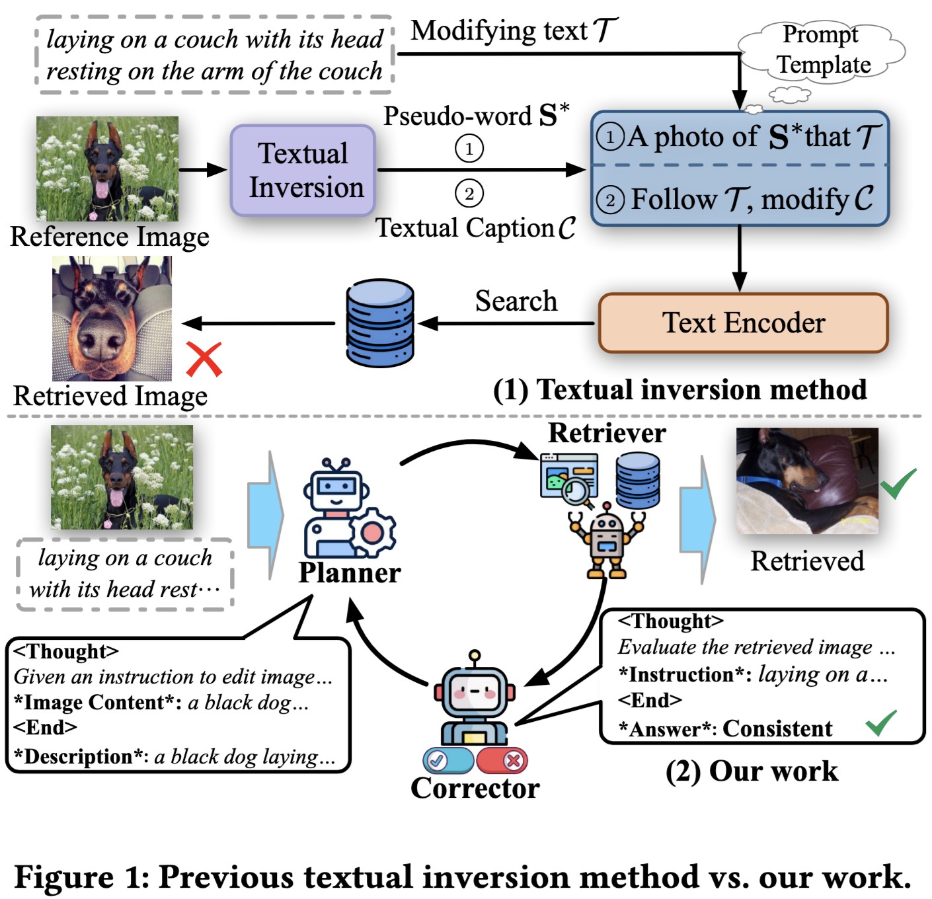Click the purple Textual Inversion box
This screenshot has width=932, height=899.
pyautogui.click(x=303, y=171)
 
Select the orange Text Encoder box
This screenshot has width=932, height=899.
pyautogui.click(x=743, y=323)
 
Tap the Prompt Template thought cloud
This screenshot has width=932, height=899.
pyautogui.click(x=822, y=50)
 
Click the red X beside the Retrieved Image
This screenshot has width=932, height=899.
pyautogui.click(x=204, y=359)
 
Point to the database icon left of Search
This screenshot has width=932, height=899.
pyautogui.click(x=380, y=323)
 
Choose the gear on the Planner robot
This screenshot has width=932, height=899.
pyautogui.click(x=372, y=532)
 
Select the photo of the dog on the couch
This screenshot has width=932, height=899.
pyautogui.click(x=807, y=481)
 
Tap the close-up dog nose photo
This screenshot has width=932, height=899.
pyautogui.click(x=112, y=319)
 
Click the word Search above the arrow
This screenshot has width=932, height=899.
pyautogui.click(x=516, y=301)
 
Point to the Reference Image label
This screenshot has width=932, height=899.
pyautogui.click(x=110, y=237)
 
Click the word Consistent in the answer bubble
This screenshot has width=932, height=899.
pyautogui.click(x=777, y=728)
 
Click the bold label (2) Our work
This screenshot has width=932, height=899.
pyautogui.click(x=752, y=771)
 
